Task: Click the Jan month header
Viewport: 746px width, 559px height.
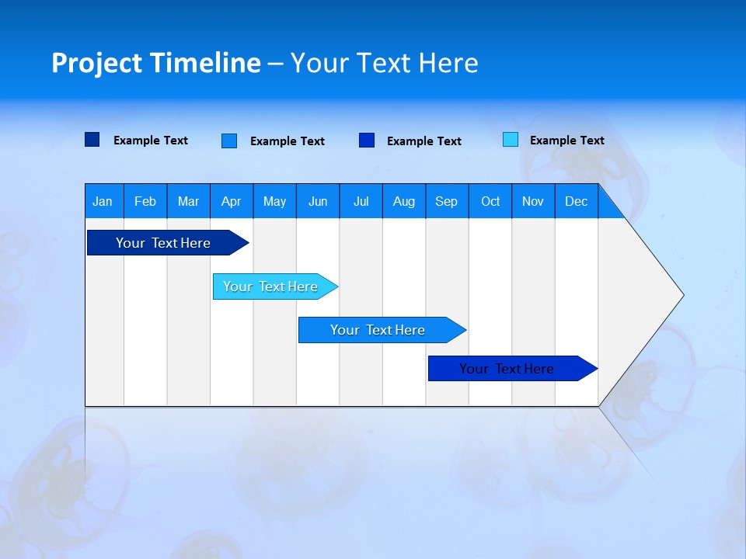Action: point(103,202)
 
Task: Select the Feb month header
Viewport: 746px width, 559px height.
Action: point(145,202)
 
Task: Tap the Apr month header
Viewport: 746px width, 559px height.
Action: point(231,202)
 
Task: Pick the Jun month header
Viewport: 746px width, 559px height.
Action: point(318,202)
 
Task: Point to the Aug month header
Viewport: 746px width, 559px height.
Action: point(403,202)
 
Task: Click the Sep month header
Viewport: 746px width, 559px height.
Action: point(446,202)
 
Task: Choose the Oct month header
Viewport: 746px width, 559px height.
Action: point(490,202)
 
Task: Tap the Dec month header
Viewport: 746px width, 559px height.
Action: point(576,202)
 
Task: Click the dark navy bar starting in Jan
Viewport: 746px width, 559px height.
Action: point(164,243)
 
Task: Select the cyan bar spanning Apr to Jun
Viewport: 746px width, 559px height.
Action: point(271,286)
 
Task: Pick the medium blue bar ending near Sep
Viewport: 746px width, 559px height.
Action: point(378,330)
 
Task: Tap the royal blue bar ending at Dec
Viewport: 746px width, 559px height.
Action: point(507,369)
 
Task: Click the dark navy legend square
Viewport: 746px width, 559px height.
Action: point(92,140)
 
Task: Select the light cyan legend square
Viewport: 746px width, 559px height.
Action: point(511,140)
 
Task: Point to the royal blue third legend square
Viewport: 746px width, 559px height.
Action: point(367,141)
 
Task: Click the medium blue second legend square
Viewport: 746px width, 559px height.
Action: point(229,141)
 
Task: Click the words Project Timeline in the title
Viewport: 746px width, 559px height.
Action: point(155,63)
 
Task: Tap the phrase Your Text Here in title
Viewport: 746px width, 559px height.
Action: point(384,63)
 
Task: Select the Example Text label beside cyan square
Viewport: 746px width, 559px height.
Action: point(566,141)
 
